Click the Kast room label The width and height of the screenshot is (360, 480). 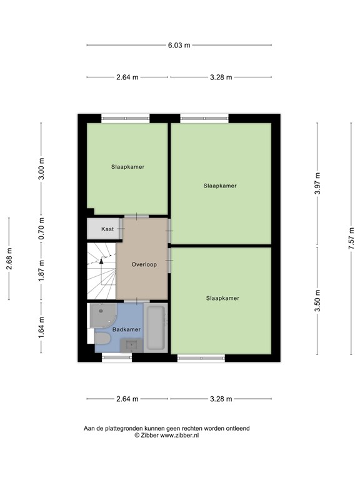(107, 229)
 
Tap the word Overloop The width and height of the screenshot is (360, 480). (144, 264)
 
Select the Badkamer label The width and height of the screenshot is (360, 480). (127, 329)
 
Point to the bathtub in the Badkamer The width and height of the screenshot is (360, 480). (156, 328)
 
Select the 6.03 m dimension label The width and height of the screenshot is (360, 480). (179, 45)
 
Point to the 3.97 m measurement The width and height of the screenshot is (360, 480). (317, 184)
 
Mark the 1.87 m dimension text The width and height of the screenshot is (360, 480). (42, 270)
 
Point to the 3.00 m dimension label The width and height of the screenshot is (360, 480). (42, 169)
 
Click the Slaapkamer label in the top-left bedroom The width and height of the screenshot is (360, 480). (127, 167)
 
